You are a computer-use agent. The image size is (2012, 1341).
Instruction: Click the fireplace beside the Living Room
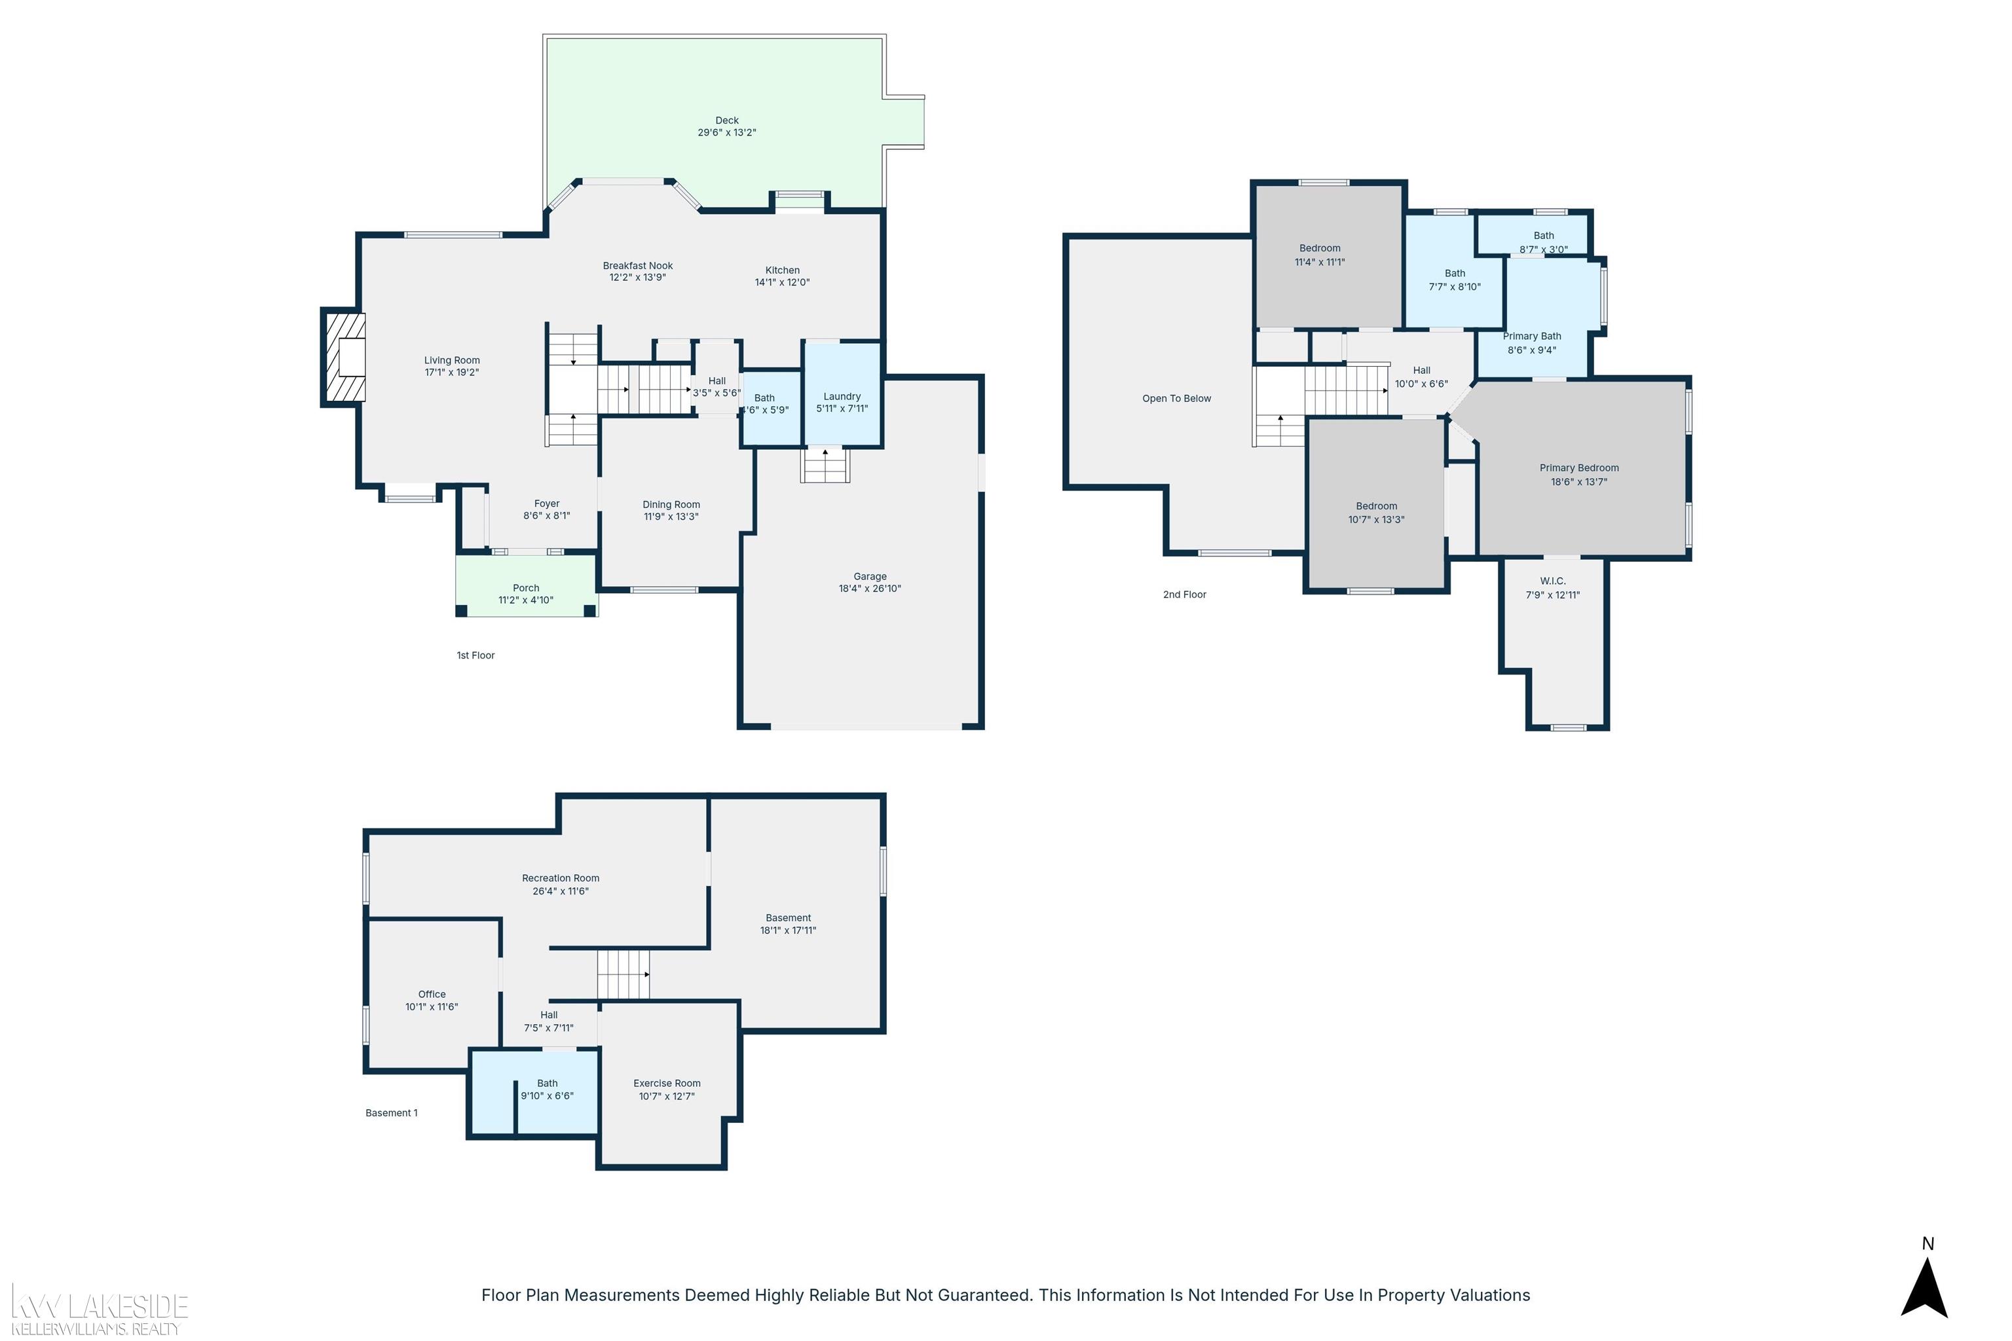point(345,358)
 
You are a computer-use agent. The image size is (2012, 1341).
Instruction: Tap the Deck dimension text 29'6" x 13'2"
point(727,132)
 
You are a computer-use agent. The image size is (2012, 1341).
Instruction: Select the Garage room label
point(870,576)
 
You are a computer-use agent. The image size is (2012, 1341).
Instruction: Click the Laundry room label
point(842,396)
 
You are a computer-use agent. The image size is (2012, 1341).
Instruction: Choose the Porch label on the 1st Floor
point(526,587)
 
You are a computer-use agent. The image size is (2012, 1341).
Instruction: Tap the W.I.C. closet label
point(1553,581)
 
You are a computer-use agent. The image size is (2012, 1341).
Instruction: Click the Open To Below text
point(1176,399)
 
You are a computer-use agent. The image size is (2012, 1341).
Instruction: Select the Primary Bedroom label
point(1579,468)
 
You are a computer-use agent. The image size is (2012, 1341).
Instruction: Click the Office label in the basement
point(432,994)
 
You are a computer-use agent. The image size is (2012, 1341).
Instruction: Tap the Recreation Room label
point(561,877)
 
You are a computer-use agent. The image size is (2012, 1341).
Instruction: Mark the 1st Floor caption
point(475,655)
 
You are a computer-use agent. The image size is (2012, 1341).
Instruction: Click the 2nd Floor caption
point(1185,595)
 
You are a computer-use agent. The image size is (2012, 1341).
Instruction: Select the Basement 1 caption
point(392,1112)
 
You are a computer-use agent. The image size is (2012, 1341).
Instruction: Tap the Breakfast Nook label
point(637,266)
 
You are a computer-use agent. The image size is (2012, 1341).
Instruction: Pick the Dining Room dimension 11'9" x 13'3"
point(671,517)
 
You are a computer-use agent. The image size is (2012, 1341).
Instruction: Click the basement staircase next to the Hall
point(624,974)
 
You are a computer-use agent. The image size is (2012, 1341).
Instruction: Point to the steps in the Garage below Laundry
point(825,466)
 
